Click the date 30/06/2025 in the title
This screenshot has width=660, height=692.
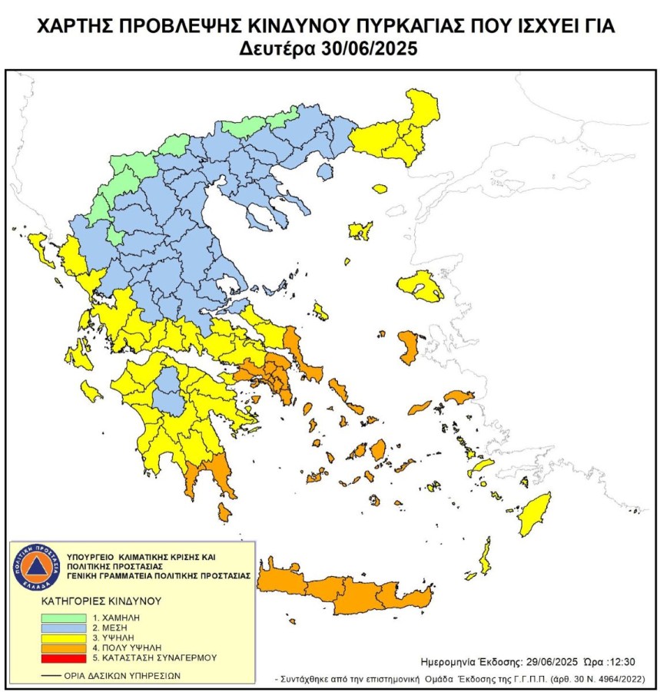(366, 48)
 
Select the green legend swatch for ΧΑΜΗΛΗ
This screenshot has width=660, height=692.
(66, 616)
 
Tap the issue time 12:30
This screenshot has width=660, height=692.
(620, 661)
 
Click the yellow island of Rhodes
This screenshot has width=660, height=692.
(533, 518)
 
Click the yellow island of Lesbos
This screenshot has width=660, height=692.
(421, 285)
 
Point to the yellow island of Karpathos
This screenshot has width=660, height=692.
(486, 557)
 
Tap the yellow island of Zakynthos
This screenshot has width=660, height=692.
(91, 393)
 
